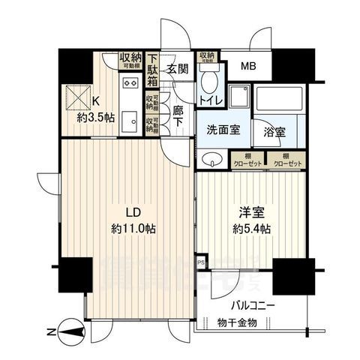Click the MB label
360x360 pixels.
[247, 66]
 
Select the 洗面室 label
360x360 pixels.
[223, 130]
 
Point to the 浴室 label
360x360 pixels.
[273, 130]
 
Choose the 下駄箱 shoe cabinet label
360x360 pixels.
[152, 71]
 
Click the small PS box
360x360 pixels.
[200, 263]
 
